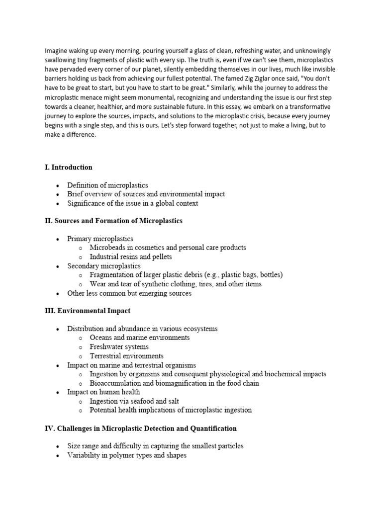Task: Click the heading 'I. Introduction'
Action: [x=69, y=167]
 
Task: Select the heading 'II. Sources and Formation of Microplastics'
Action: [x=113, y=221]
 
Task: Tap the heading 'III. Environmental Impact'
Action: [x=88, y=311]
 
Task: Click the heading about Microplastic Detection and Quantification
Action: [x=141, y=428]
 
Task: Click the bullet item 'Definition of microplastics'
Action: [x=107, y=185]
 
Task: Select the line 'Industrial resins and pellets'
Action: [x=131, y=257]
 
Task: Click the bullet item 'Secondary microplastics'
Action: [x=104, y=266]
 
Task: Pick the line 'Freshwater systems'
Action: [x=119, y=347]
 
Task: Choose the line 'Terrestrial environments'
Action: [x=126, y=356]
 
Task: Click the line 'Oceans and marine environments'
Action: [x=139, y=338]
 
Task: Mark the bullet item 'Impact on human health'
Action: [x=103, y=392]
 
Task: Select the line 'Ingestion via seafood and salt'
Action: [x=134, y=401]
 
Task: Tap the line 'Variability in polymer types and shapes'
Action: [x=127, y=455]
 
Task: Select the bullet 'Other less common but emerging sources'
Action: [x=129, y=293]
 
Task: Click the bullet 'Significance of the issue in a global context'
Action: [x=133, y=203]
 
